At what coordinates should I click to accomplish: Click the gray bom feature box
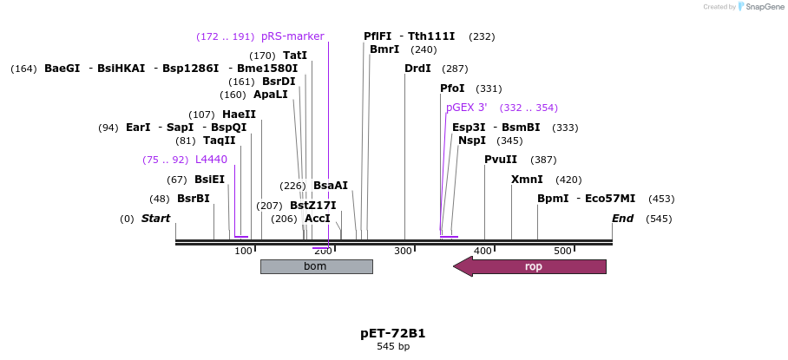tap(316, 266)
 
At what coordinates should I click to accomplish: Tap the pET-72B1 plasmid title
tap(393, 333)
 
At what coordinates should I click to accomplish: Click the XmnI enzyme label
tap(527, 180)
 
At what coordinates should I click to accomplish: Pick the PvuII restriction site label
tap(501, 160)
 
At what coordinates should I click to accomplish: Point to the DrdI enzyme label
tap(417, 69)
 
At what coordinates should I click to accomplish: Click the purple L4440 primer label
tap(211, 160)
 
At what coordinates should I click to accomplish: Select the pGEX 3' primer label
tap(467, 108)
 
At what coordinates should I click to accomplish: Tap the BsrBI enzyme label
tap(194, 199)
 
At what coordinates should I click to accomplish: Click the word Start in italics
tap(156, 219)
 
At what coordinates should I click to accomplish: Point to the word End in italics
tap(623, 219)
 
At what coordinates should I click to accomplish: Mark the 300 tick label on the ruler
tap(403, 252)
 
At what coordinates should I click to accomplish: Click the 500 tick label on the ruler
tap(562, 252)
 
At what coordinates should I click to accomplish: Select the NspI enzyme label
tap(472, 141)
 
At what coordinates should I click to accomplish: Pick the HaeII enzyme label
tap(239, 115)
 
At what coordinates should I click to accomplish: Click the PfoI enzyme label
tap(452, 88)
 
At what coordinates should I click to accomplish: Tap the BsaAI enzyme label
tap(331, 186)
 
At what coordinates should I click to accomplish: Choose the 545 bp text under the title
tap(393, 347)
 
